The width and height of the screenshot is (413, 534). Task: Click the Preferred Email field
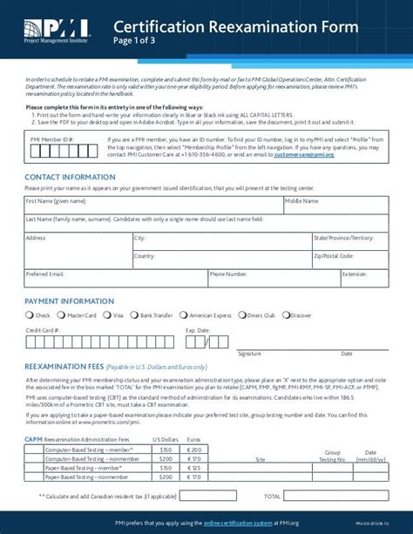pyautogui.click(x=114, y=281)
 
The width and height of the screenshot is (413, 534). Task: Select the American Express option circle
pyautogui.click(x=185, y=315)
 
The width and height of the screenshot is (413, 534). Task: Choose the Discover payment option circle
pyautogui.click(x=285, y=315)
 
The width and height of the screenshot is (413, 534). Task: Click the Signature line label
pyautogui.click(x=250, y=355)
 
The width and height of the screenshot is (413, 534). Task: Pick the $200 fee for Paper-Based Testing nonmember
pyautogui.click(x=165, y=478)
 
